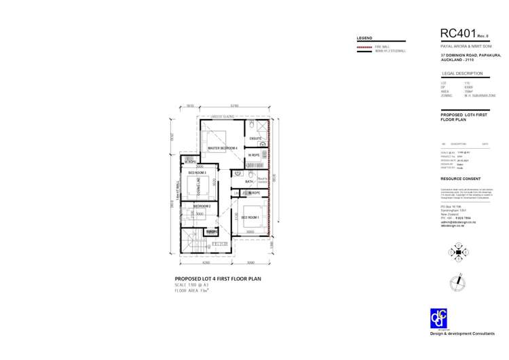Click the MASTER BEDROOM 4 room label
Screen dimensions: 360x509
tap(223, 148)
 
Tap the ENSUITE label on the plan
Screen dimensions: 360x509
tap(255, 139)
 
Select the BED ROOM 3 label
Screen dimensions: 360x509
tap(197, 173)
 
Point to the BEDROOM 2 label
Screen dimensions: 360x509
tap(202, 206)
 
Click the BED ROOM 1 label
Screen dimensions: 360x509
tap(250, 217)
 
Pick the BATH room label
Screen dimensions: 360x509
tap(249, 182)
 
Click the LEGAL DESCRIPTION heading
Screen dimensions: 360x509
tap(461, 73)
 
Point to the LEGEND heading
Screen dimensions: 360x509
tap(364, 37)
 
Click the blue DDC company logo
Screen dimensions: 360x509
tap(439, 318)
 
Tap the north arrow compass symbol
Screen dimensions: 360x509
tap(461, 279)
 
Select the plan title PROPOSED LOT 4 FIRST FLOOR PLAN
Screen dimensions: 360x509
tap(217, 278)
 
